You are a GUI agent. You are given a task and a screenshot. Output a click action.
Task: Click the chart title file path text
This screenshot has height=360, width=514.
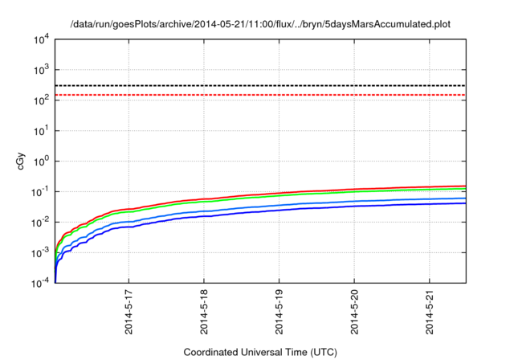260,23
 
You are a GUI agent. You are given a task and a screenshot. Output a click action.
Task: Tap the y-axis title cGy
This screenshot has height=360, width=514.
22,161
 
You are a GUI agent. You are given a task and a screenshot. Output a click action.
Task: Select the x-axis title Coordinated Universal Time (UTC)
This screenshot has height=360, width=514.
260,352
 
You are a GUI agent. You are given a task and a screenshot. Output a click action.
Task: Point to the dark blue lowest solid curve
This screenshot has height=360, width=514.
321,208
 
